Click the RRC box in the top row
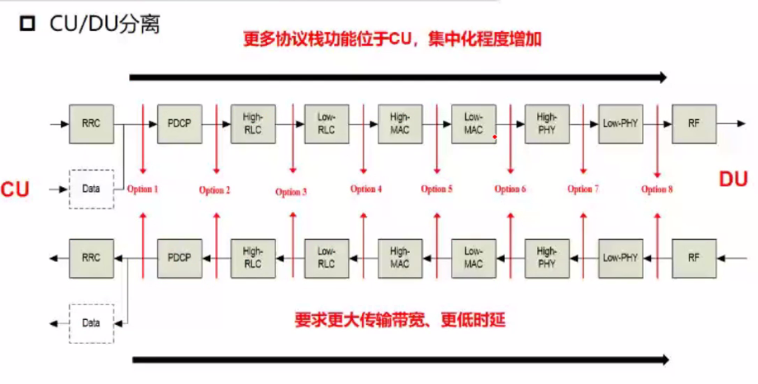(x=91, y=124)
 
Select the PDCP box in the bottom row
(x=179, y=258)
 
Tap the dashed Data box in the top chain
(x=91, y=189)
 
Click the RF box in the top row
(x=694, y=124)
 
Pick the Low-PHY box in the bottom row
(x=620, y=258)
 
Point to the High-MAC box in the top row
(x=400, y=124)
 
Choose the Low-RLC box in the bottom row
(x=326, y=258)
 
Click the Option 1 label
(x=143, y=190)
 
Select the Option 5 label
(x=437, y=190)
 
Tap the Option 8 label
(x=657, y=190)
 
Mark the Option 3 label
(x=291, y=192)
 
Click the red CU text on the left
(x=15, y=190)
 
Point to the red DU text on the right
(x=733, y=179)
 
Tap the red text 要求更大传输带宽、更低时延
(x=400, y=319)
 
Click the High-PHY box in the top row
(x=547, y=124)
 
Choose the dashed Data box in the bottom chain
(x=91, y=322)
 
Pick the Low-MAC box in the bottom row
(x=473, y=258)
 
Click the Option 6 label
(x=510, y=190)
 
